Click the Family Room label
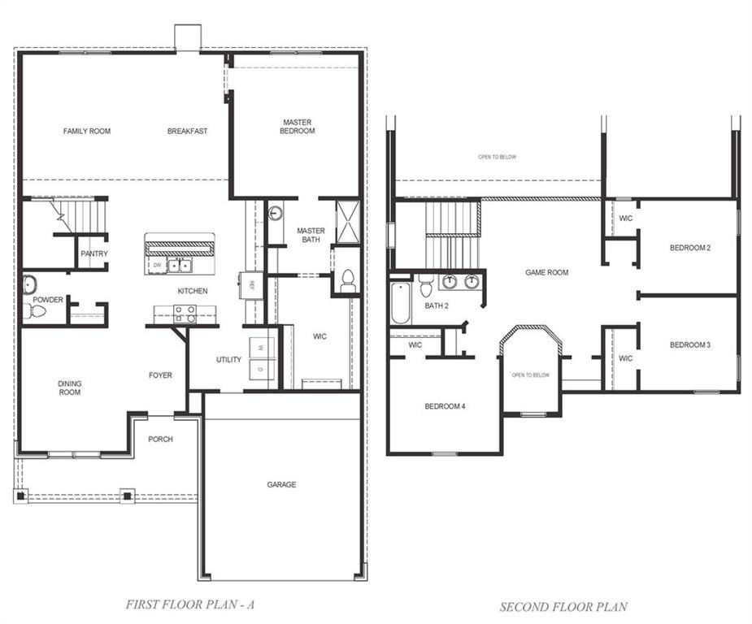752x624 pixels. (87, 131)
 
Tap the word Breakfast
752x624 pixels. (187, 131)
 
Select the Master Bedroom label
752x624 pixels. (297, 127)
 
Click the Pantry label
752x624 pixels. (93, 253)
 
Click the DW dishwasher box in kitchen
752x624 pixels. (157, 265)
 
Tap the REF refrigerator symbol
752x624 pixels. (252, 285)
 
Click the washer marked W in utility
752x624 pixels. (261, 347)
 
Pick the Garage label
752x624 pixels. (281, 485)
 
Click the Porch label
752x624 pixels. (160, 440)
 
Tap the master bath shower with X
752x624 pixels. (347, 219)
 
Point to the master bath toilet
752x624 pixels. (348, 281)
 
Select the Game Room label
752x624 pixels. (546, 273)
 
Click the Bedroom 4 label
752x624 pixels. (445, 406)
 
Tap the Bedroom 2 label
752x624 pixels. (690, 248)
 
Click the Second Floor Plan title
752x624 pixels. (563, 606)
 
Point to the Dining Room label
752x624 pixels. (69, 388)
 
